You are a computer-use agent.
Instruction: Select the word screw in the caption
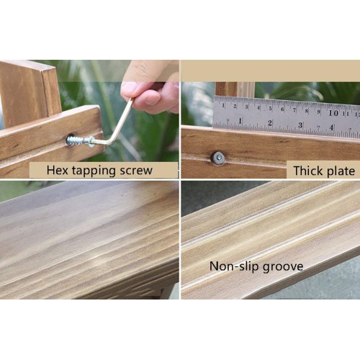pyautogui.click(x=136, y=171)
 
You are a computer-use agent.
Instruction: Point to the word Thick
pyautogui.click(x=308, y=171)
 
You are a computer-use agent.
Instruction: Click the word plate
pyautogui.click(x=341, y=171)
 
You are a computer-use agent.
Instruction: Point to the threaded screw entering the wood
pyautogui.click(x=78, y=140)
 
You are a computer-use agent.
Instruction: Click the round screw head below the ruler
pyautogui.click(x=219, y=158)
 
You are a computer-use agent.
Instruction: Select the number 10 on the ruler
pyautogui.click(x=333, y=113)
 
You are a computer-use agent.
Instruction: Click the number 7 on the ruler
pyautogui.click(x=294, y=110)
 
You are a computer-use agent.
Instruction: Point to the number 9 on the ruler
pyautogui.click(x=318, y=112)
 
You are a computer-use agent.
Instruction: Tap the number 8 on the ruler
pyautogui.click(x=307, y=111)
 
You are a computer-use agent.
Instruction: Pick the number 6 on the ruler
pyautogui.click(x=282, y=109)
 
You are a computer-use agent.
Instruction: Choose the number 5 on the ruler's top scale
pyautogui.click(x=271, y=108)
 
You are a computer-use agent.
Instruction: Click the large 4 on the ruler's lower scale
pyautogui.click(x=331, y=127)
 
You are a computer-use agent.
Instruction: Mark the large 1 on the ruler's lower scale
pyautogui.click(x=240, y=121)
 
